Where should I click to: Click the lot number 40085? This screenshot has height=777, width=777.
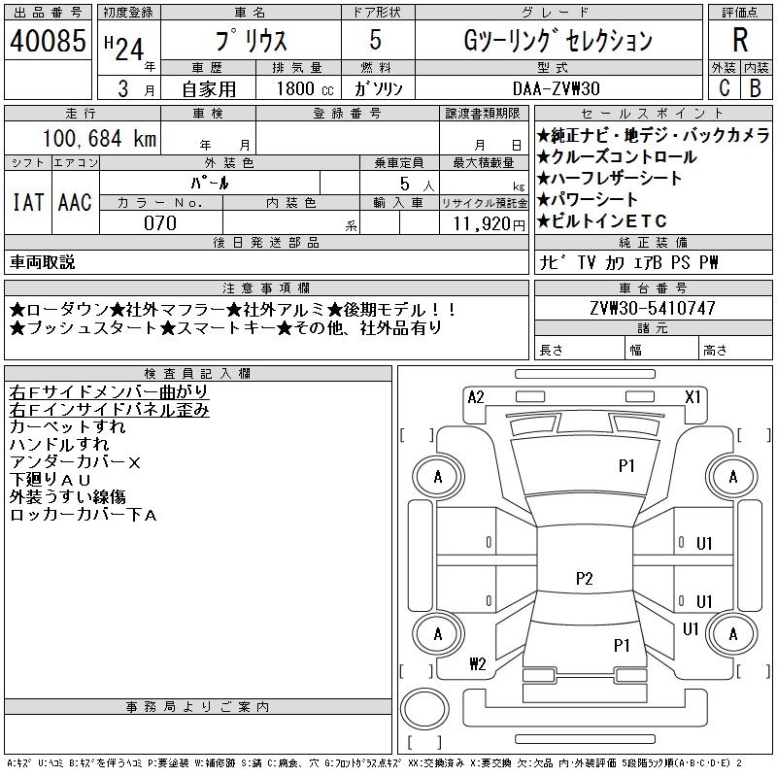pos(49,42)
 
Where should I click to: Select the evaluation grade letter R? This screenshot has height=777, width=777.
pos(740,41)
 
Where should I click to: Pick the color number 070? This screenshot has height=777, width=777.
pos(160,223)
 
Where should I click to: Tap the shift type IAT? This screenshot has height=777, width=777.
pos(27,202)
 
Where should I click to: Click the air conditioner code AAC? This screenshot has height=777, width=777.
pos(75,202)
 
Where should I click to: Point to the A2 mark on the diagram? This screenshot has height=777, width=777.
pos(476,396)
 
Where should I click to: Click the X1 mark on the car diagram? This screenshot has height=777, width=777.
pos(693,396)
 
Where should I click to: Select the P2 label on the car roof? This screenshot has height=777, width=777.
pos(583,579)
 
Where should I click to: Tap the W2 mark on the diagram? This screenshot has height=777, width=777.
pos(477,664)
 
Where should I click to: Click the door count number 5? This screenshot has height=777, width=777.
pos(375,41)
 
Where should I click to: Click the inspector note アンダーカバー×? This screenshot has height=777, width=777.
pos(75,462)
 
